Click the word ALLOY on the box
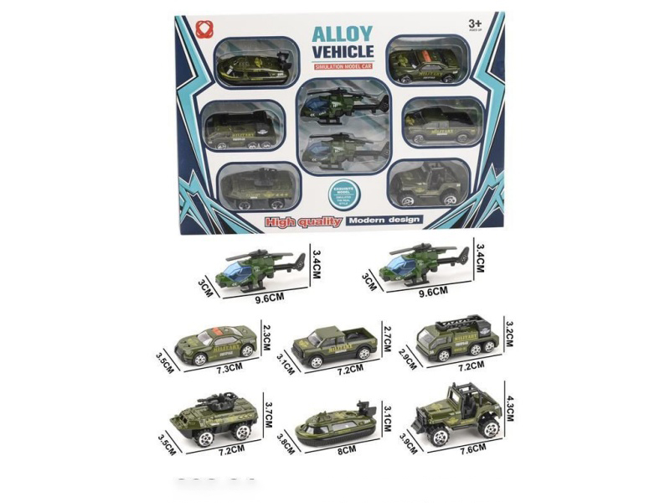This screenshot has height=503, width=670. coord(343,34)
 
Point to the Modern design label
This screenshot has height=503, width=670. coord(385,220)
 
